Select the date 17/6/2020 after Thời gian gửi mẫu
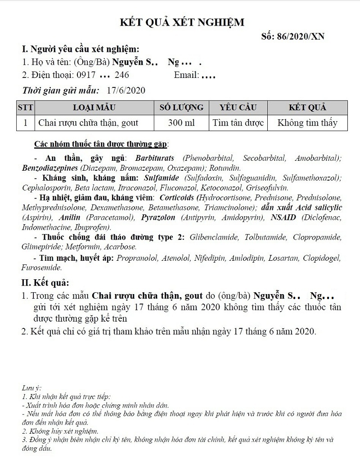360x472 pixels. (126, 91)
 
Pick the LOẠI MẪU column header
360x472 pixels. (94, 108)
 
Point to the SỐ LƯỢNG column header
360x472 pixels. (181, 108)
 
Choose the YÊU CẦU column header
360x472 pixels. (238, 108)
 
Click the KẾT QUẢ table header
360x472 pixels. (307, 108)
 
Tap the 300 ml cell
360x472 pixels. (181, 123)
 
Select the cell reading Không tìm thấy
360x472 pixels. (307, 123)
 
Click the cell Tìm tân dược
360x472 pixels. (238, 123)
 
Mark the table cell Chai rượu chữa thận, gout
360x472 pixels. (88, 123)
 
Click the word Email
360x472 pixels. (186, 75)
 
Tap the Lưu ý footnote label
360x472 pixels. (31, 388)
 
